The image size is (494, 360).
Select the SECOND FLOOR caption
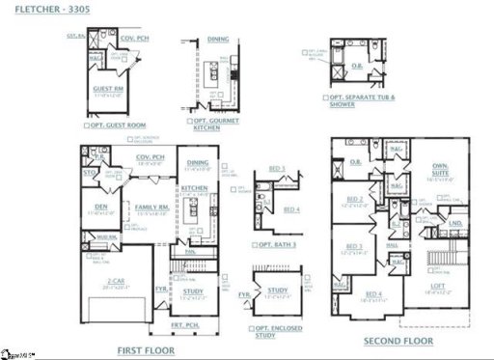click(x=397, y=342)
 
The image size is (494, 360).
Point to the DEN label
click(x=100, y=207)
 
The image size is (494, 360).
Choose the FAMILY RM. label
click(x=151, y=207)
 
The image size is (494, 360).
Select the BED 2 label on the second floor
click(x=354, y=200)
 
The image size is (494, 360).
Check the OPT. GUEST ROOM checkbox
click(x=85, y=125)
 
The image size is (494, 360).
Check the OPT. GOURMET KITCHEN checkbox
click(x=191, y=121)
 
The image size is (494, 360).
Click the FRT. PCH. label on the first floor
click(x=186, y=326)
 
